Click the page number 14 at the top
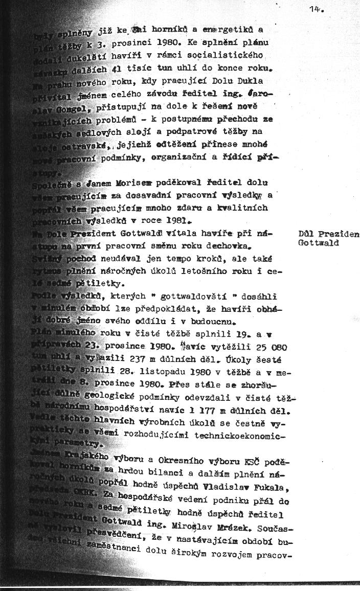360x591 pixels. click(316, 8)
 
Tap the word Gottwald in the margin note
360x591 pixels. click(318, 243)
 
